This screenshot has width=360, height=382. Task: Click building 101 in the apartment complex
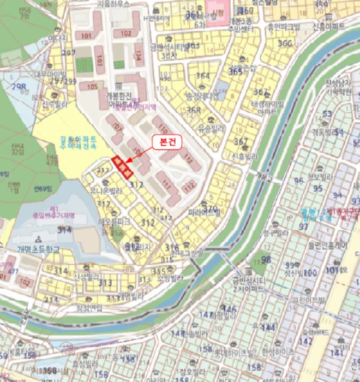(x=87, y=37)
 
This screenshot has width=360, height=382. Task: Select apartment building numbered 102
(x=126, y=33)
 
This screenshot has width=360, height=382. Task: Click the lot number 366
(x=285, y=44)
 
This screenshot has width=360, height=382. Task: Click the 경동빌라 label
(x=327, y=132)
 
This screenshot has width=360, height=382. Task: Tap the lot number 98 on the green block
(x=266, y=259)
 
